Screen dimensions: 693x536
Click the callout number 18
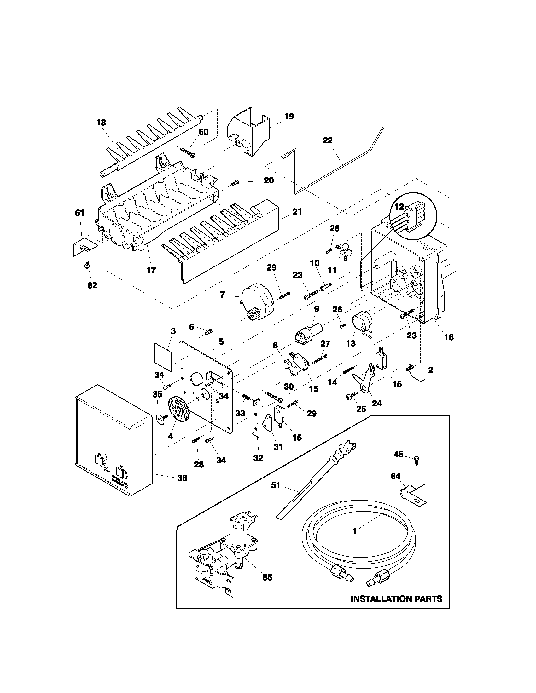[x=101, y=123]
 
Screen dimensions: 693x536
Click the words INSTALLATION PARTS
[x=396, y=599]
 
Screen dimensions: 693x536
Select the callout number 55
[x=267, y=577]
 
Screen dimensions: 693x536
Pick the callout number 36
[x=182, y=478]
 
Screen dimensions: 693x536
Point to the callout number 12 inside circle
[x=399, y=207]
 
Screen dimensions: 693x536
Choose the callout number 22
[x=327, y=140]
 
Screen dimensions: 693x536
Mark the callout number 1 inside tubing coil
[x=354, y=531]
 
